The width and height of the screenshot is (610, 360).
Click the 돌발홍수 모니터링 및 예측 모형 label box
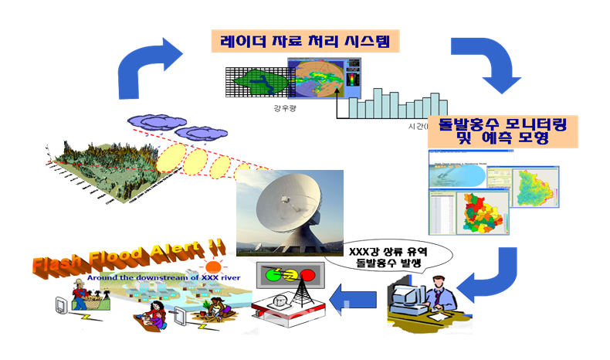coord(503,132)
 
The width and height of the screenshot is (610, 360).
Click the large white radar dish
coord(286,209)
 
